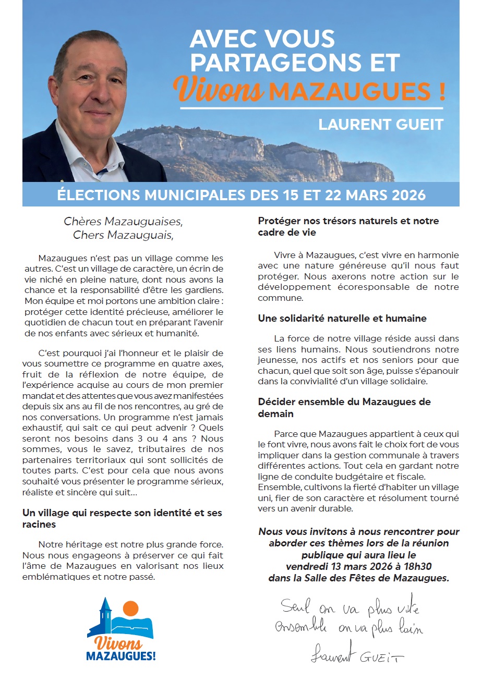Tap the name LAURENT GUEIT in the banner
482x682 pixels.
(381, 125)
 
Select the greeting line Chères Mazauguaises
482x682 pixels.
(123, 221)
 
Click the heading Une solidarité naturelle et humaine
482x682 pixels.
(342, 318)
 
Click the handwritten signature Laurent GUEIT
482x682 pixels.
(357, 654)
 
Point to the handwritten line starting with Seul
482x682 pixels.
(350, 607)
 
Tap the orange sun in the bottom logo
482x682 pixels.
(130, 608)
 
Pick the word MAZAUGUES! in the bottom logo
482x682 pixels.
(121, 656)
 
